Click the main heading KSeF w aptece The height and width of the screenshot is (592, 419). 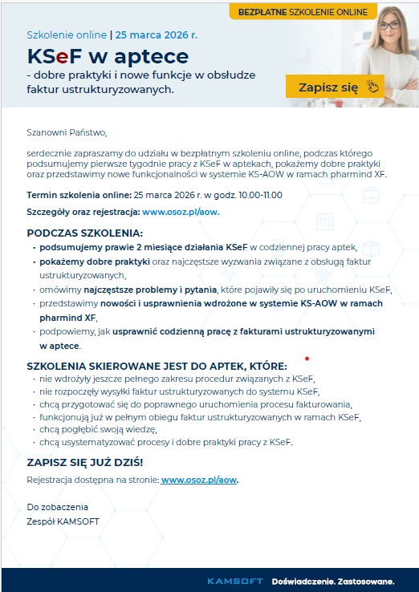(x=108, y=56)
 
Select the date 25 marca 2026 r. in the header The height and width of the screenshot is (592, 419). (x=156, y=36)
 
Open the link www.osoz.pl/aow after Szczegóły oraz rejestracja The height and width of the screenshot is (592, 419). (x=181, y=212)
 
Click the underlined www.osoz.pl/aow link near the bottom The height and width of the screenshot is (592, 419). (x=199, y=480)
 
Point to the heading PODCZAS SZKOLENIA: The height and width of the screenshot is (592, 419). (x=73, y=232)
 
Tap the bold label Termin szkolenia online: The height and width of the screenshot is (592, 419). (x=79, y=195)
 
